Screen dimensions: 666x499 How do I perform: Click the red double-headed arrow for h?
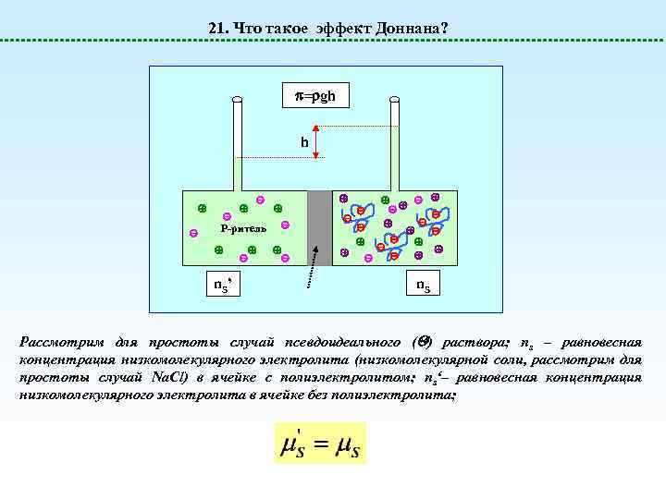(x=316, y=142)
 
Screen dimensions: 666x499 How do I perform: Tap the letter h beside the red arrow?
(x=302, y=143)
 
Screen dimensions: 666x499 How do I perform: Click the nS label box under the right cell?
(x=422, y=285)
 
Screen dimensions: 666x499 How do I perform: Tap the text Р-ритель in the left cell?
(x=243, y=227)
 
